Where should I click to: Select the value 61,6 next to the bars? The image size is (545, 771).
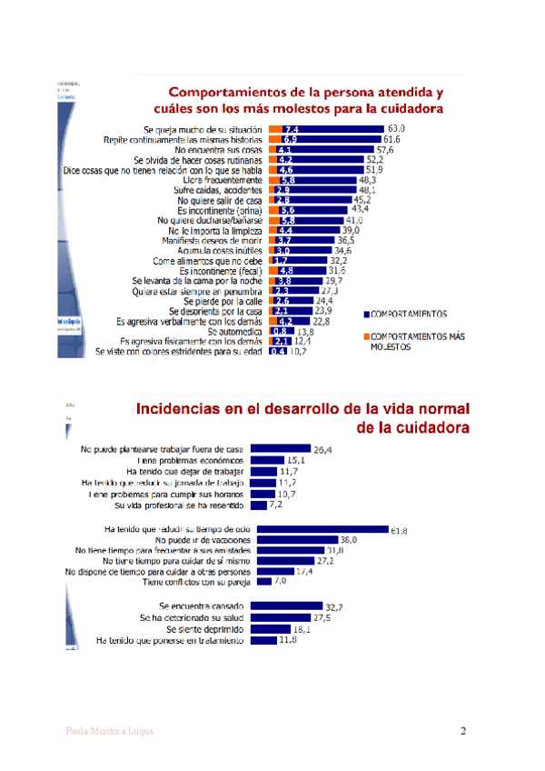tap(391, 140)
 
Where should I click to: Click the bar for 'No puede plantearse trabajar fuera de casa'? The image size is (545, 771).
tap(280, 448)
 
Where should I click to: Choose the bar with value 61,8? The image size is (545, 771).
tap(318, 529)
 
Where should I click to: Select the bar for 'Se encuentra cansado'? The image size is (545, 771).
tap(286, 606)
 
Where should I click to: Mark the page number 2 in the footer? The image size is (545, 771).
tap(463, 731)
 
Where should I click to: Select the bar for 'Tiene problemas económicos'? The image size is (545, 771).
tap(267, 460)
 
